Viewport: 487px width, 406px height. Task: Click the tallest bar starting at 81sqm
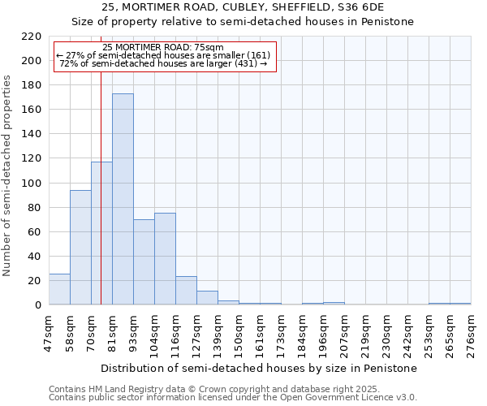pos(123,199)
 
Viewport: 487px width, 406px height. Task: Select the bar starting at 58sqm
pos(80,248)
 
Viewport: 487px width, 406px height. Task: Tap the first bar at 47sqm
pos(59,289)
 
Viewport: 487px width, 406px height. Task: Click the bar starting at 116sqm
pos(186,291)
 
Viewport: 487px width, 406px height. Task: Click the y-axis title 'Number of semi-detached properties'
pos(7,175)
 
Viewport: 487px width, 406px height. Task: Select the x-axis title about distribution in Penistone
pos(259,368)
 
